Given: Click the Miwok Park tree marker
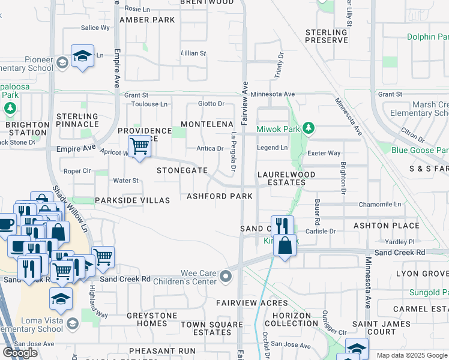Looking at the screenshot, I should click(309, 128).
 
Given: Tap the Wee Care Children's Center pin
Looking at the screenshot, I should click(226, 276).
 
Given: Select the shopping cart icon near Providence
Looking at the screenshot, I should click(139, 146).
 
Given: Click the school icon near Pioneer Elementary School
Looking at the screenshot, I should click(82, 56).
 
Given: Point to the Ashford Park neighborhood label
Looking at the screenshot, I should click(219, 196).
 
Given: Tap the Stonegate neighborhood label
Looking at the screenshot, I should click(182, 170).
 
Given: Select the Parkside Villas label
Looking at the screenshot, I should click(131, 200).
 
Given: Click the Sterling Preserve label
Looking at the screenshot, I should click(327, 36).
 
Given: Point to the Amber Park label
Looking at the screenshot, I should click(147, 20).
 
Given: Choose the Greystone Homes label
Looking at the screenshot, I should click(152, 319).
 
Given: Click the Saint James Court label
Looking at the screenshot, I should click(373, 328).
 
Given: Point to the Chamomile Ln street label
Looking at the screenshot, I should click(380, 205).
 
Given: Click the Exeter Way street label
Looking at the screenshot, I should click(324, 154).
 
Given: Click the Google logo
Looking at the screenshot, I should click(20, 353).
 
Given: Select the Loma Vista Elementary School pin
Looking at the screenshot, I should click(72, 324).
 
